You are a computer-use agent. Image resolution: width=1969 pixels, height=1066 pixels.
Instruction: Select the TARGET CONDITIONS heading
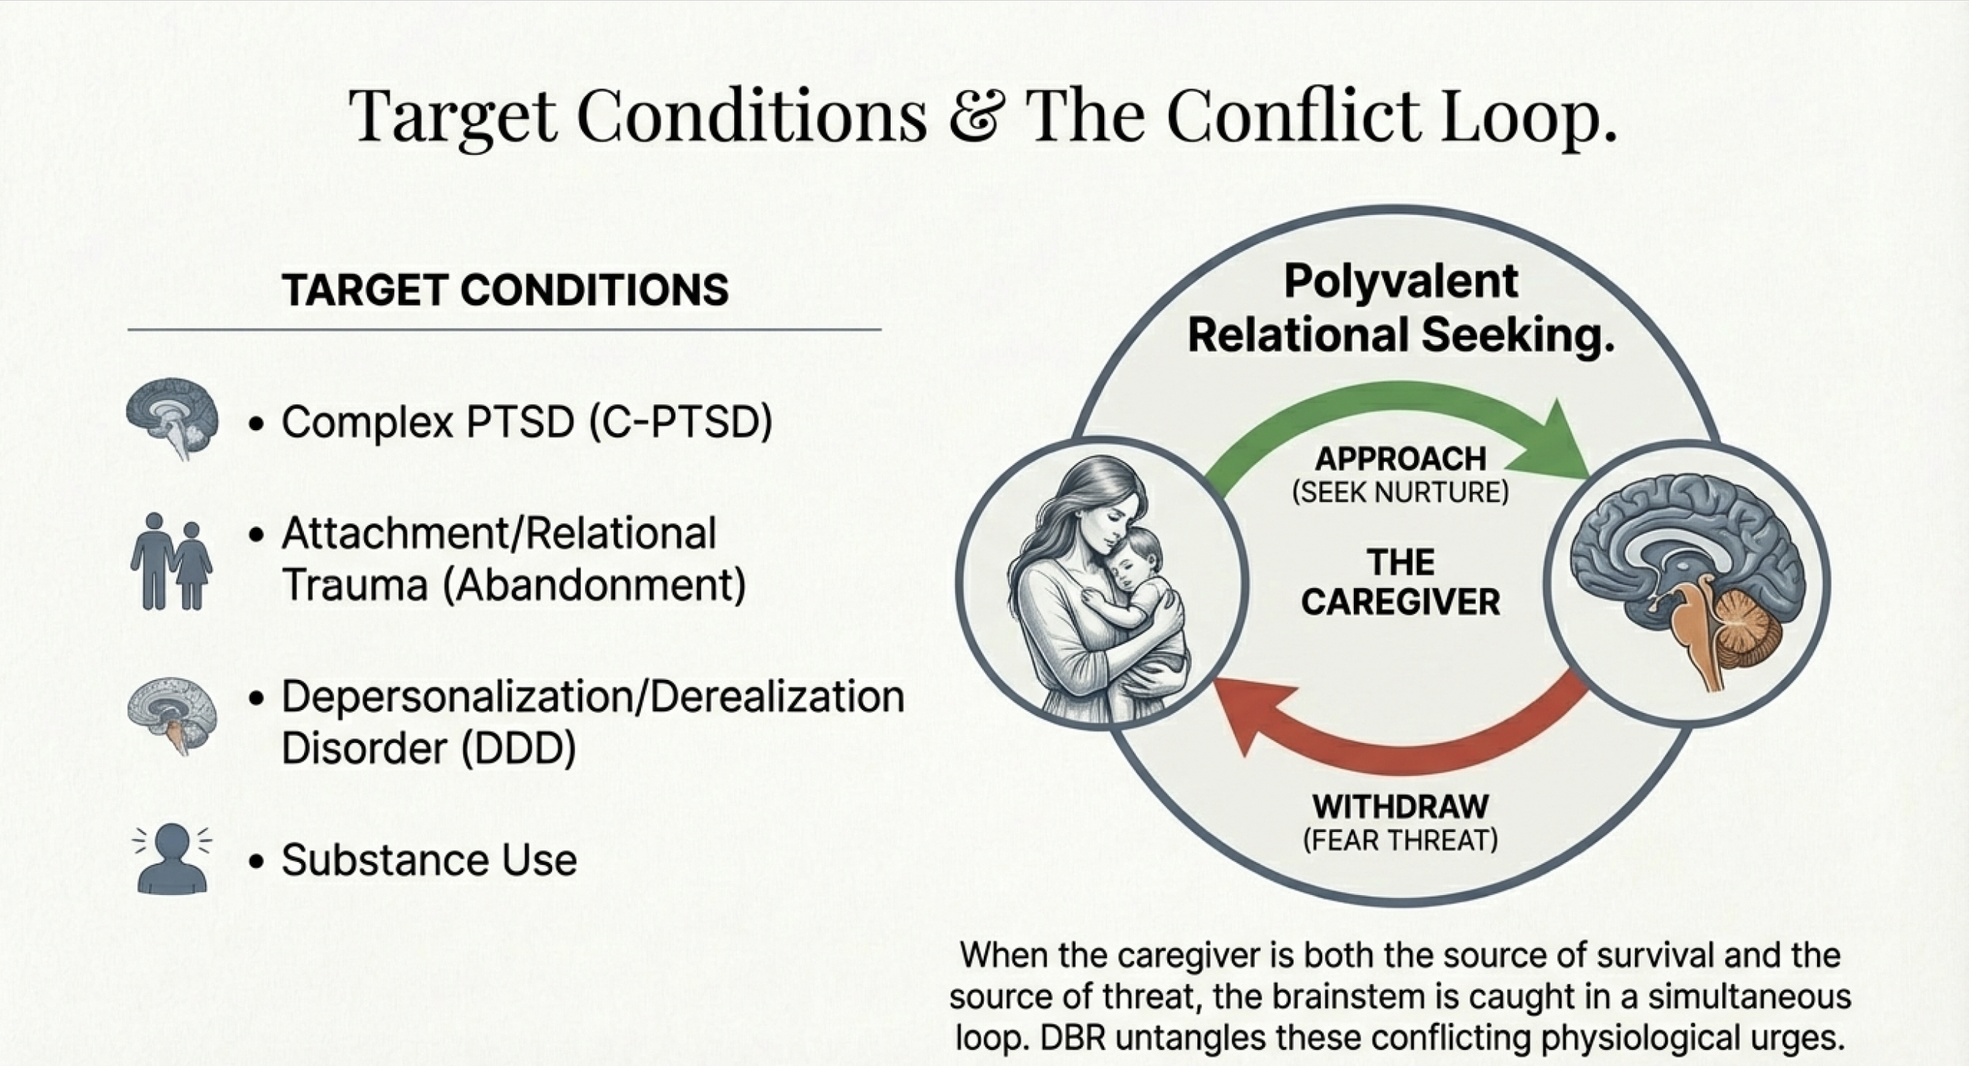pyautogui.click(x=505, y=290)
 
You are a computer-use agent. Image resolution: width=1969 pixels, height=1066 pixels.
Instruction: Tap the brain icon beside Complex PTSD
pyautogui.click(x=173, y=417)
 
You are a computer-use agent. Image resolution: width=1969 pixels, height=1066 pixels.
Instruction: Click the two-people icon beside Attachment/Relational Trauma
pyautogui.click(x=171, y=561)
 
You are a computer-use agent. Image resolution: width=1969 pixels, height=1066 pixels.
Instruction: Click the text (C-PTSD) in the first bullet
pyautogui.click(x=680, y=422)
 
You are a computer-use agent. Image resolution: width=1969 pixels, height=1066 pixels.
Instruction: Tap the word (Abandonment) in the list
pyautogui.click(x=595, y=585)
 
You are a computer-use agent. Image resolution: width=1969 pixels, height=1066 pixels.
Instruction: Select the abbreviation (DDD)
pyautogui.click(x=518, y=747)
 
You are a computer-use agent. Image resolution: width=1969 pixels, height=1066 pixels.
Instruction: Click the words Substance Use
pyautogui.click(x=429, y=860)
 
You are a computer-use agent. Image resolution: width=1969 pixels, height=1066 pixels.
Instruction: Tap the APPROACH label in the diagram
pyautogui.click(x=1400, y=459)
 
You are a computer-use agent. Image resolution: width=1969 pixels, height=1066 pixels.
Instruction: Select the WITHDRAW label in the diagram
pyautogui.click(x=1400, y=807)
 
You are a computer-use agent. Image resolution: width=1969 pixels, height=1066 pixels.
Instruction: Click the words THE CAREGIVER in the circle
pyautogui.click(x=1400, y=582)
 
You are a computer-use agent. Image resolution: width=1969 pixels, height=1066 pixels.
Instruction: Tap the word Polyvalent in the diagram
pyautogui.click(x=1400, y=281)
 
